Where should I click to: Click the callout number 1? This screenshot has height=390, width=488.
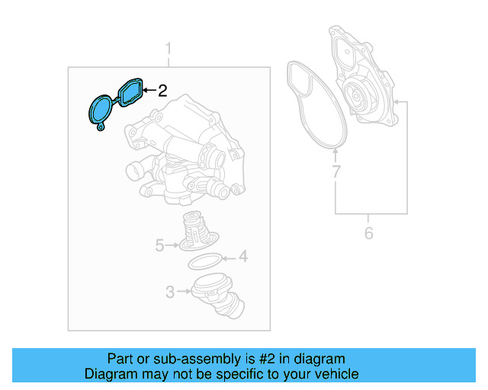click(169, 50)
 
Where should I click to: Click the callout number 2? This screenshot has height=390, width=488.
click(162, 91)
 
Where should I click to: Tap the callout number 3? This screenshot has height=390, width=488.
click(169, 290)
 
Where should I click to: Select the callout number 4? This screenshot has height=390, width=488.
click(242, 257)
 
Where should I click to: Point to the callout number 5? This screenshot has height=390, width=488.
click(159, 245)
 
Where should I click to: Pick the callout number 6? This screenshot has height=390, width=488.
click(368, 233)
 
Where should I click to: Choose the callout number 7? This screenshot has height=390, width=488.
click(335, 173)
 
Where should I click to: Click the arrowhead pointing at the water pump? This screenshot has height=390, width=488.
click(397, 101)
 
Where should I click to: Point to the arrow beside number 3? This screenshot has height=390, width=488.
click(183, 290)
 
